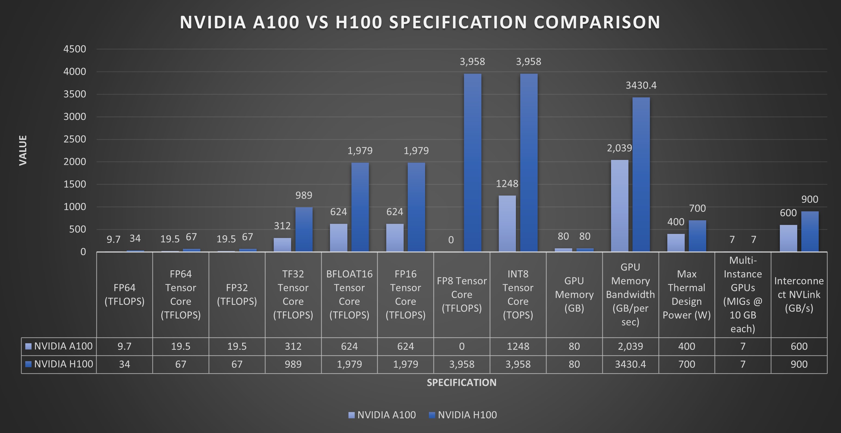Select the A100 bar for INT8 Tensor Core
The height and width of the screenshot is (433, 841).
pyautogui.click(x=507, y=224)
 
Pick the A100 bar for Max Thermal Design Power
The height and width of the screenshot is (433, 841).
pyautogui.click(x=676, y=243)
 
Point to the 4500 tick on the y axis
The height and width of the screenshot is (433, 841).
pyautogui.click(x=75, y=49)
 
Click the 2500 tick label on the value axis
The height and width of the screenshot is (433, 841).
pyautogui.click(x=75, y=139)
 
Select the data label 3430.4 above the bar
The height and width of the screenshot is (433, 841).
pyautogui.click(x=641, y=86)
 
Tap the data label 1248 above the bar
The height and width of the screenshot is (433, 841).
pyautogui.click(x=507, y=184)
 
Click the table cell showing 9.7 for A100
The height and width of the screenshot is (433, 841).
pyautogui.click(x=124, y=347)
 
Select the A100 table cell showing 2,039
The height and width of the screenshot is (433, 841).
pyautogui.click(x=630, y=347)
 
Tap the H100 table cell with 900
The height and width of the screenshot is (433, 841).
pyautogui.click(x=799, y=364)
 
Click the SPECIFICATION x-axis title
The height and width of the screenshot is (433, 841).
pyautogui.click(x=461, y=382)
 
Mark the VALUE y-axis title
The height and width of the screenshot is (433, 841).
pyautogui.click(x=23, y=150)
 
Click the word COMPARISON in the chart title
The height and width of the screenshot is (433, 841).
pyautogui.click(x=597, y=22)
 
